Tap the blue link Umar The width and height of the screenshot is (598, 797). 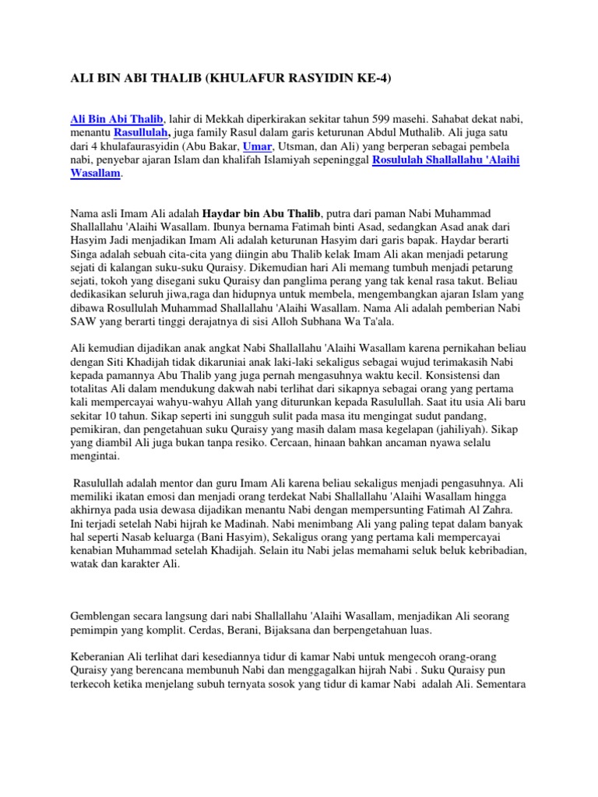click(258, 146)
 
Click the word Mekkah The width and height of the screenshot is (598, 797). click(231, 118)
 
